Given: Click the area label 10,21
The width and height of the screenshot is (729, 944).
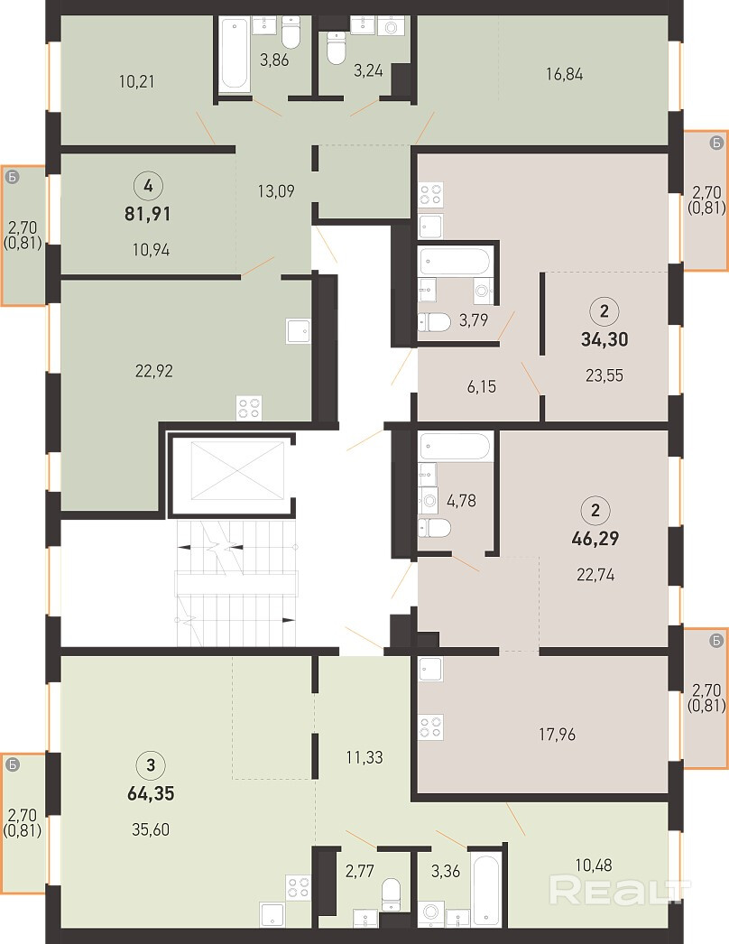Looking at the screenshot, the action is [x=136, y=81].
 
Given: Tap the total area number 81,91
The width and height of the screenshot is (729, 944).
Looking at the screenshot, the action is [x=147, y=214].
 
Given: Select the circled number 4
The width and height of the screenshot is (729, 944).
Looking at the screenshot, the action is [x=148, y=185].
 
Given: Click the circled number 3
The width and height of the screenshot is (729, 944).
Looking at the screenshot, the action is [x=151, y=765].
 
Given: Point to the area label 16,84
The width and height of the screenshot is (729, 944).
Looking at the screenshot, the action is [x=564, y=74].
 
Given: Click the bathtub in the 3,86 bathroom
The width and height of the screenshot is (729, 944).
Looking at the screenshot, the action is [x=235, y=54].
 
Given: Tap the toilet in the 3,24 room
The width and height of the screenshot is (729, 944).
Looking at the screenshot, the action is [x=336, y=47].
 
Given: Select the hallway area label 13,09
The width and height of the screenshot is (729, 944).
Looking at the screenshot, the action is [x=276, y=191].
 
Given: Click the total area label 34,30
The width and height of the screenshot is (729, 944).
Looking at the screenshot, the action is [x=604, y=339].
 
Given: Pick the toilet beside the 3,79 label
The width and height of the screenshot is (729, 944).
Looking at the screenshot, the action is [x=434, y=323].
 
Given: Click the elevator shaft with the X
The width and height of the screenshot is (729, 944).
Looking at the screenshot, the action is [x=237, y=470].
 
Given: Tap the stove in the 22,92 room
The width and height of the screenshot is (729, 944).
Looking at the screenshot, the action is [x=249, y=408].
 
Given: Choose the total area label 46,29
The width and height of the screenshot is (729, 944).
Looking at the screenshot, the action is [x=595, y=538].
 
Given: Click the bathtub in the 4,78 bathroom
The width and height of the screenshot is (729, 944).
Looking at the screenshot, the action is [x=456, y=447].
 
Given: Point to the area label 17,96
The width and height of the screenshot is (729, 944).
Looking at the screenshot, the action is [x=557, y=735].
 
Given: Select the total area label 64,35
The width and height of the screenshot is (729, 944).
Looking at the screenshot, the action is [x=151, y=793].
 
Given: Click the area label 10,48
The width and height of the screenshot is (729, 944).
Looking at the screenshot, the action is [x=594, y=865].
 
